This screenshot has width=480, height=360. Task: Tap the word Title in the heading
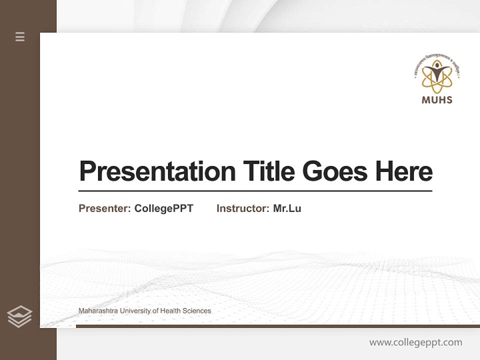click(268, 171)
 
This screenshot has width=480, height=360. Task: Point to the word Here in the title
click(403, 171)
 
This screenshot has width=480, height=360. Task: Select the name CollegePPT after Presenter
click(163, 208)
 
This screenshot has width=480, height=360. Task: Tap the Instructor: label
click(243, 208)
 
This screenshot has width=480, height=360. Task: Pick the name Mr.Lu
click(287, 208)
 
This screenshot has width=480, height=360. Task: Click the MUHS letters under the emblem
click(437, 99)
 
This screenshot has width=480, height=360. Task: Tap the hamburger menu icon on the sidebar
click(20, 36)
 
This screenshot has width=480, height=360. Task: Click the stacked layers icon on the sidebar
click(19, 316)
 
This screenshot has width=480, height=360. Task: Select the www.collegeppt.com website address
click(415, 342)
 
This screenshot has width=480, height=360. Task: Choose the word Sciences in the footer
click(196, 311)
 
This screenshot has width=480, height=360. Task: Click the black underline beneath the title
click(255, 191)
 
